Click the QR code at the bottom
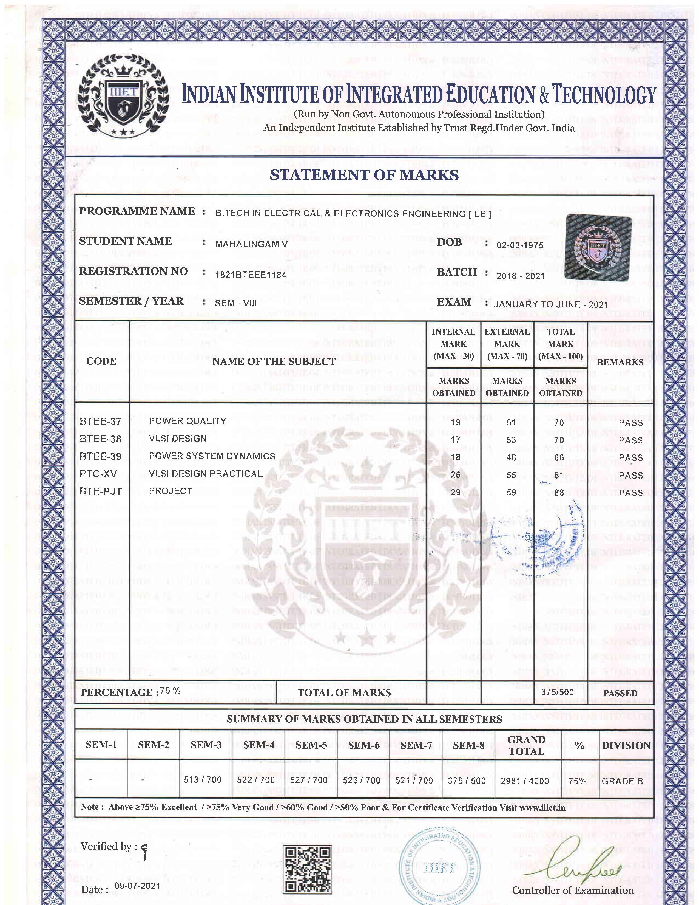[x=307, y=869]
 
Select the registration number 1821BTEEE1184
[x=251, y=274]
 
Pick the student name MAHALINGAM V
[x=251, y=244]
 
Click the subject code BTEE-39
[x=101, y=457]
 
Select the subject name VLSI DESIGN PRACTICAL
[x=205, y=474]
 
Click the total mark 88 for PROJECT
[x=559, y=493]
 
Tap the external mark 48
[x=511, y=457]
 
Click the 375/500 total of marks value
[x=557, y=692]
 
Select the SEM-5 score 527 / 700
[x=308, y=780]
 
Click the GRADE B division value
[x=622, y=781]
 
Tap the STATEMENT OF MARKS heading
[x=364, y=175]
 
